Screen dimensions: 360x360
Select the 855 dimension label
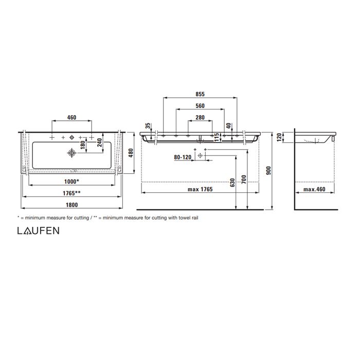coord(200,94)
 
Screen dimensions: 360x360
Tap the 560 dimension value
coord(200,106)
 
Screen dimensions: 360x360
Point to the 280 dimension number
coord(200,118)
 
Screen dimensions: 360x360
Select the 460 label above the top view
coord(71,118)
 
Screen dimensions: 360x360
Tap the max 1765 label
coord(200,189)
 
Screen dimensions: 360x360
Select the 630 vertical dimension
coord(232,182)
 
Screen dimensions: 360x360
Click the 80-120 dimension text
coord(182,156)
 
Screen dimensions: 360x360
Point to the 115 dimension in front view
coord(217,137)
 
